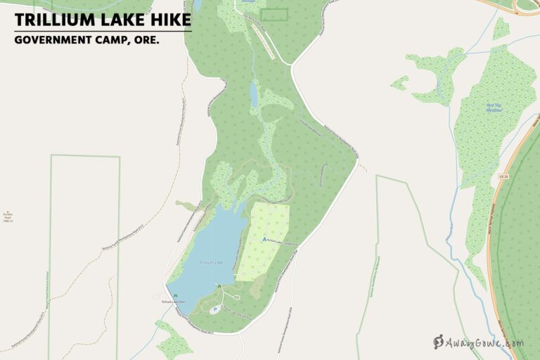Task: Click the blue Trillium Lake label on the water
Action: pyautogui.click(x=210, y=262)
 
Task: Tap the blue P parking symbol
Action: pyautogui.click(x=214, y=310)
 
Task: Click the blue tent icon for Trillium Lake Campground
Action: pyautogui.click(x=264, y=239)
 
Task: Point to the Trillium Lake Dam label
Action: pyautogui.click(x=174, y=302)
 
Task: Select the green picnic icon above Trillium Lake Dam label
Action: pyautogui.click(x=174, y=295)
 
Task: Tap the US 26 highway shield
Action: pyautogui.click(x=502, y=176)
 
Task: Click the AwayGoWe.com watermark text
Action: pyautogui.click(x=486, y=343)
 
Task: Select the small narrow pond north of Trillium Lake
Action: pyautogui.click(x=254, y=94)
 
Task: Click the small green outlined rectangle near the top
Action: pyautogui.click(x=274, y=14)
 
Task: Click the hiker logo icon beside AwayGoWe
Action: pyautogui.click(x=439, y=342)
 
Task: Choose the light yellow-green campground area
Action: pyautogui.click(x=264, y=243)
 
